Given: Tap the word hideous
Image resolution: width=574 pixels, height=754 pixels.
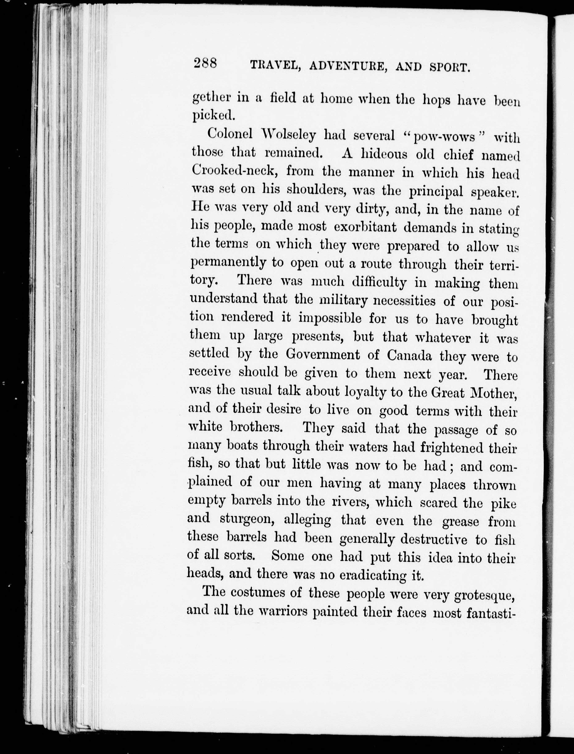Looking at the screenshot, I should pos(384,154).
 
